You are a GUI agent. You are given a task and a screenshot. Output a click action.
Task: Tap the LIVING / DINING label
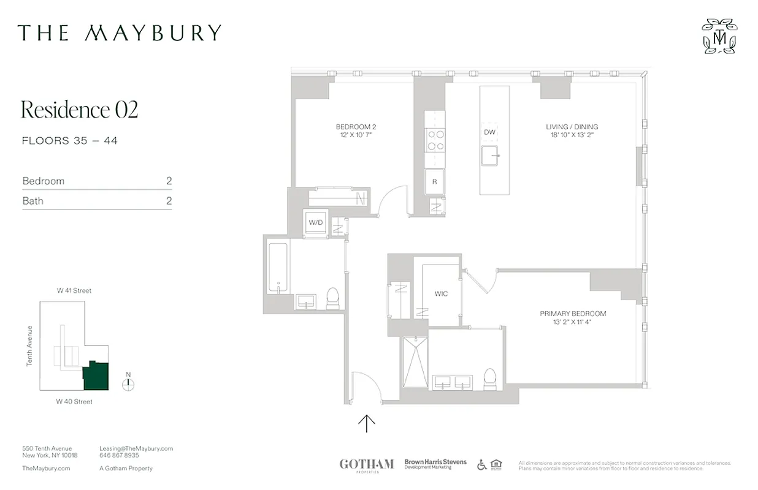[572, 127]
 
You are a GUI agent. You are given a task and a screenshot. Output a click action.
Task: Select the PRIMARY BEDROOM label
[573, 314]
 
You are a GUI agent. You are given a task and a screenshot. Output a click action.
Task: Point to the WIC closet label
[441, 294]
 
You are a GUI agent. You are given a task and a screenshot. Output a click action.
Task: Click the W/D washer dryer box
[316, 223]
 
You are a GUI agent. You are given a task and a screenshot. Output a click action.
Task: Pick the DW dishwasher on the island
[489, 132]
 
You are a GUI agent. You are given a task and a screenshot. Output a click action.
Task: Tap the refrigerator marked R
[435, 181]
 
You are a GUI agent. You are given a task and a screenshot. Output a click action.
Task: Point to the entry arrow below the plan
[367, 423]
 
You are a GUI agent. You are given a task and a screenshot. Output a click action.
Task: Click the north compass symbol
[128, 384]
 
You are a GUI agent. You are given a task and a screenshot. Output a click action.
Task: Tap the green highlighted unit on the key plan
[96, 375]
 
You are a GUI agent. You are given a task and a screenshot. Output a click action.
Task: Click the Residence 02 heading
[80, 109]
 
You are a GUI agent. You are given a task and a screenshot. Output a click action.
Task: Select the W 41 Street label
[74, 290]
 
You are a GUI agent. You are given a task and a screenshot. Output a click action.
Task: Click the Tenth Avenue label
[29, 345]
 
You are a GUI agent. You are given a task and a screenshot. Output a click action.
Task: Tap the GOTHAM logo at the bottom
[367, 464]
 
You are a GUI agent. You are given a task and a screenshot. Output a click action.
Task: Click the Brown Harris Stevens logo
[435, 464]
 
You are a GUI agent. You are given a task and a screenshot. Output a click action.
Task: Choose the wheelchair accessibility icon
[481, 465]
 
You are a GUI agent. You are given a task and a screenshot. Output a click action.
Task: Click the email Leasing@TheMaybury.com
[136, 448]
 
